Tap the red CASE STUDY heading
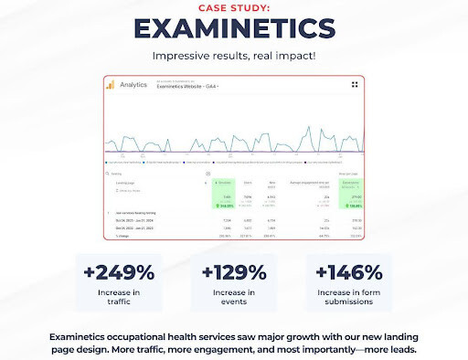pyautogui.click(x=233, y=6)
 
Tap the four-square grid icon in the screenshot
pyautogui.click(x=355, y=85)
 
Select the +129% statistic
pyautogui.click(x=234, y=271)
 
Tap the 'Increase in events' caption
pyautogui.click(x=234, y=299)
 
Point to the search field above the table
pyautogui.click(x=155, y=173)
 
